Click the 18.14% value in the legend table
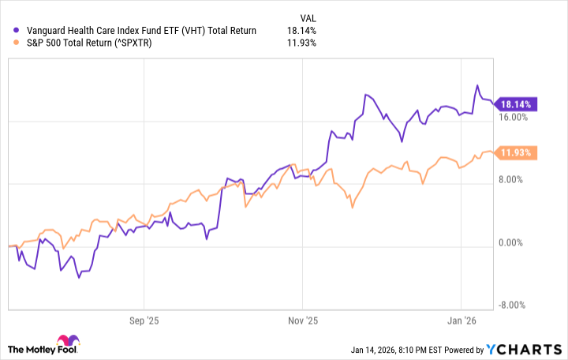(303, 31)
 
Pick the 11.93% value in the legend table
(303, 43)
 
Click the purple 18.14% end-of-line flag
(518, 103)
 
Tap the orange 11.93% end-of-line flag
(518, 152)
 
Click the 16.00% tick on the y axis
(514, 118)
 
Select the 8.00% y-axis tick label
(516, 180)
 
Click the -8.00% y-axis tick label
(514, 306)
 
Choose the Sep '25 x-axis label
(143, 321)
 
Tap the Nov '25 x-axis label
(303, 321)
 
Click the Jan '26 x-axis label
(461, 321)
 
